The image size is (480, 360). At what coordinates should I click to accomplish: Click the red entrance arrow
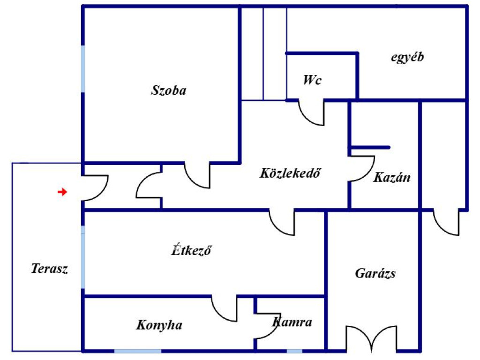point(62,192)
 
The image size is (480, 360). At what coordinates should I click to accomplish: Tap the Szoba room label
point(169,90)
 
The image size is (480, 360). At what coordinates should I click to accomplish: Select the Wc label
point(312,80)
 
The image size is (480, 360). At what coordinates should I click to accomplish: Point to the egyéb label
point(407,57)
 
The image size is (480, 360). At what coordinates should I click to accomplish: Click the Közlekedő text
point(290,173)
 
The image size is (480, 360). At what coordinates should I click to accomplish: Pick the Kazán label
point(392,177)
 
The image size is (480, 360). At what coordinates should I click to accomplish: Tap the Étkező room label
point(191,250)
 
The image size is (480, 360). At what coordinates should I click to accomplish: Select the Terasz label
point(49,269)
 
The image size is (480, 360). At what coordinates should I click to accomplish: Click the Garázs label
point(375,273)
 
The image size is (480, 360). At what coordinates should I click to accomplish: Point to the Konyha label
point(159,325)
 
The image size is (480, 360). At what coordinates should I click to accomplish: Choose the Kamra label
point(292,322)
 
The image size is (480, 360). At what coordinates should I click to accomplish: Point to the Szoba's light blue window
point(83,69)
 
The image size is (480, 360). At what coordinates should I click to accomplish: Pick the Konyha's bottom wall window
point(138,351)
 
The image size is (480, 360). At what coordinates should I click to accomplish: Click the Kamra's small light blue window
point(294,351)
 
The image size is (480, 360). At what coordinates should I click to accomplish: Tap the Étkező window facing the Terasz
point(83,257)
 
